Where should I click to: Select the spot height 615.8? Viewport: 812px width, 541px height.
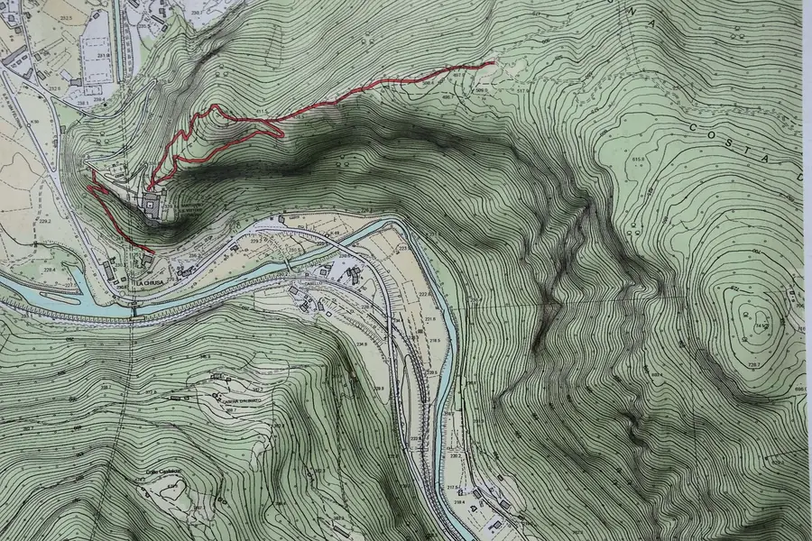(641, 160)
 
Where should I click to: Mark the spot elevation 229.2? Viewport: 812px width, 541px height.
(44, 220)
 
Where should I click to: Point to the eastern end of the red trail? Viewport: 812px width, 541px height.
(494, 62)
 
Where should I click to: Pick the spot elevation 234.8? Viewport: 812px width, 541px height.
(362, 344)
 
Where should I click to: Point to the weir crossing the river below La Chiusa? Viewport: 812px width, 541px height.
(135, 310)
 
